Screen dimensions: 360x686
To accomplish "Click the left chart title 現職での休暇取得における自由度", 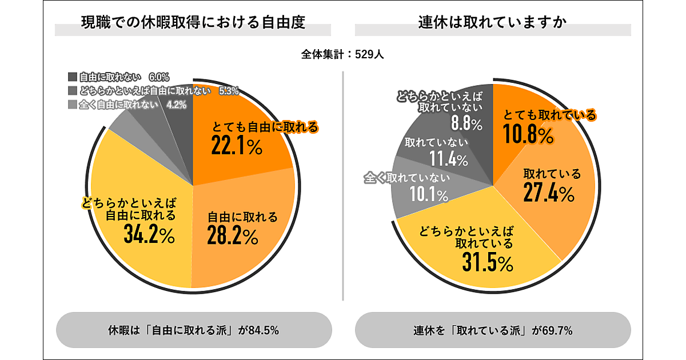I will [x=193, y=23].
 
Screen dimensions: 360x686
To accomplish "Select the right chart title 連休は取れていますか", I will [x=492, y=23].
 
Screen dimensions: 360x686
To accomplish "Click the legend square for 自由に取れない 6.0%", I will [x=72, y=77].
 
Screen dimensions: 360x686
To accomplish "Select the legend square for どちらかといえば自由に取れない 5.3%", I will [x=72, y=90].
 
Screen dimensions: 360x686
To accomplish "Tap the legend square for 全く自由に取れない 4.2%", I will [x=72, y=105].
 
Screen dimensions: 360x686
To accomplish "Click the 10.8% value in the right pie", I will [x=528, y=135].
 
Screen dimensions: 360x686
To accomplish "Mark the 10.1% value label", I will [x=428, y=195].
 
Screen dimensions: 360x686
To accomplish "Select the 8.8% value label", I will [x=466, y=123].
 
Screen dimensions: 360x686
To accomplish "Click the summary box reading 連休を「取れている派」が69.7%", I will [x=493, y=330].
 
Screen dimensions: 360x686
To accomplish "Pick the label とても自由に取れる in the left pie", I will [x=265, y=127].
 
